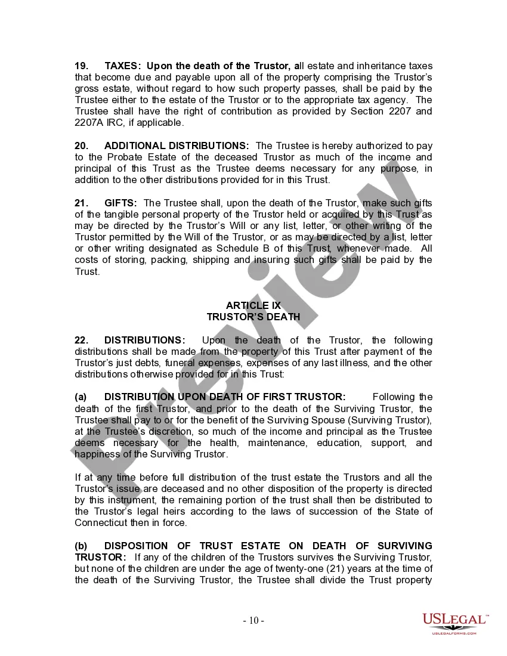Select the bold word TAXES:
click(123, 66)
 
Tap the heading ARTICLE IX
click(253, 306)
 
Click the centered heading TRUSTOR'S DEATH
click(253, 317)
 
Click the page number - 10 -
click(253, 620)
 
